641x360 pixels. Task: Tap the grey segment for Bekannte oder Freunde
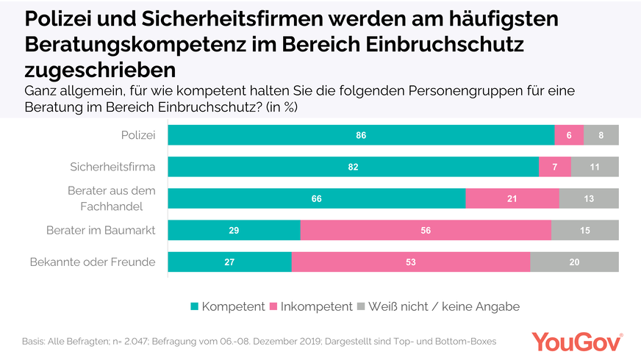pyautogui.click(x=574, y=262)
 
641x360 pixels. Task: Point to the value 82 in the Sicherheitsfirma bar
pyautogui.click(x=354, y=167)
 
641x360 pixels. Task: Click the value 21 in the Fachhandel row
pyautogui.click(x=512, y=198)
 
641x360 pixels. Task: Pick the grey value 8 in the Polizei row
pyautogui.click(x=601, y=135)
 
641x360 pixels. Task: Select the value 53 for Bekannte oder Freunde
pyautogui.click(x=411, y=262)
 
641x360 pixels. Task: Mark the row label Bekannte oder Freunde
pyautogui.click(x=93, y=262)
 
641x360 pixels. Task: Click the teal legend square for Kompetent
pyautogui.click(x=195, y=306)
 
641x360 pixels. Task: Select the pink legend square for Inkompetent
pyautogui.click(x=274, y=306)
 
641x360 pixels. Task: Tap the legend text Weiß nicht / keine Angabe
pyautogui.click(x=443, y=306)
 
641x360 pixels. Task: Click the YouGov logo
pyautogui.click(x=577, y=342)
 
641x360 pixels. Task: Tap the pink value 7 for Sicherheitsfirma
pyautogui.click(x=555, y=167)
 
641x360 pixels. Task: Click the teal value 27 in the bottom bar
pyautogui.click(x=230, y=262)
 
